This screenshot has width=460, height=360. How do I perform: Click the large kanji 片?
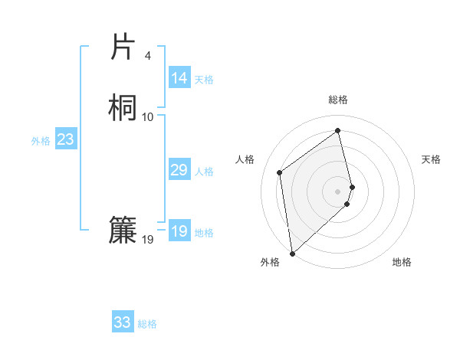tap(122, 47)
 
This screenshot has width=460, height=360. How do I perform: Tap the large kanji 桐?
tap(122, 106)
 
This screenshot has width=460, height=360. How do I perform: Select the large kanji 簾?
tap(122, 231)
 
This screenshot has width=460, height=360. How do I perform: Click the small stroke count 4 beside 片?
tap(148, 56)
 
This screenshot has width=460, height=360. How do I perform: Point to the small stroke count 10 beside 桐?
tap(148, 116)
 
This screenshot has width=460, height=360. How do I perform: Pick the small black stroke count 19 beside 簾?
tap(148, 241)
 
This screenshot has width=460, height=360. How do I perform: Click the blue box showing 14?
tap(179, 78)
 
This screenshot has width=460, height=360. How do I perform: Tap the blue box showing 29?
tap(179, 170)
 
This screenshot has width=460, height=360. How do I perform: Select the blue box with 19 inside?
tap(179, 231)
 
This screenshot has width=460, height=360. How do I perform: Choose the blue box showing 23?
tap(65, 139)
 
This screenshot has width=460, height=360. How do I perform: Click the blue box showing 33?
tap(123, 322)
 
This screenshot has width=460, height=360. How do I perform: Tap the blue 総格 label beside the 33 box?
tap(147, 324)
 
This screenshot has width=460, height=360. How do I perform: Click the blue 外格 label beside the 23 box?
tap(41, 141)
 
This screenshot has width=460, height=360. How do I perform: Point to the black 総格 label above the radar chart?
tap(338, 100)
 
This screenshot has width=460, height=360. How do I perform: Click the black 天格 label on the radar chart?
tap(432, 159)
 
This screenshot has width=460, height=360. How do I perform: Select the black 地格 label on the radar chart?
tap(402, 263)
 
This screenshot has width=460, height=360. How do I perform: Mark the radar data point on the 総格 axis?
tap(338, 130)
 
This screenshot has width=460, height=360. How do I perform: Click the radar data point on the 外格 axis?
tap(291, 254)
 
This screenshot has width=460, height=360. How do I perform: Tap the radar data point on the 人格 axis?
tap(280, 172)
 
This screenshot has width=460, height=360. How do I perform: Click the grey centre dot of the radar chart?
tap(338, 191)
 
